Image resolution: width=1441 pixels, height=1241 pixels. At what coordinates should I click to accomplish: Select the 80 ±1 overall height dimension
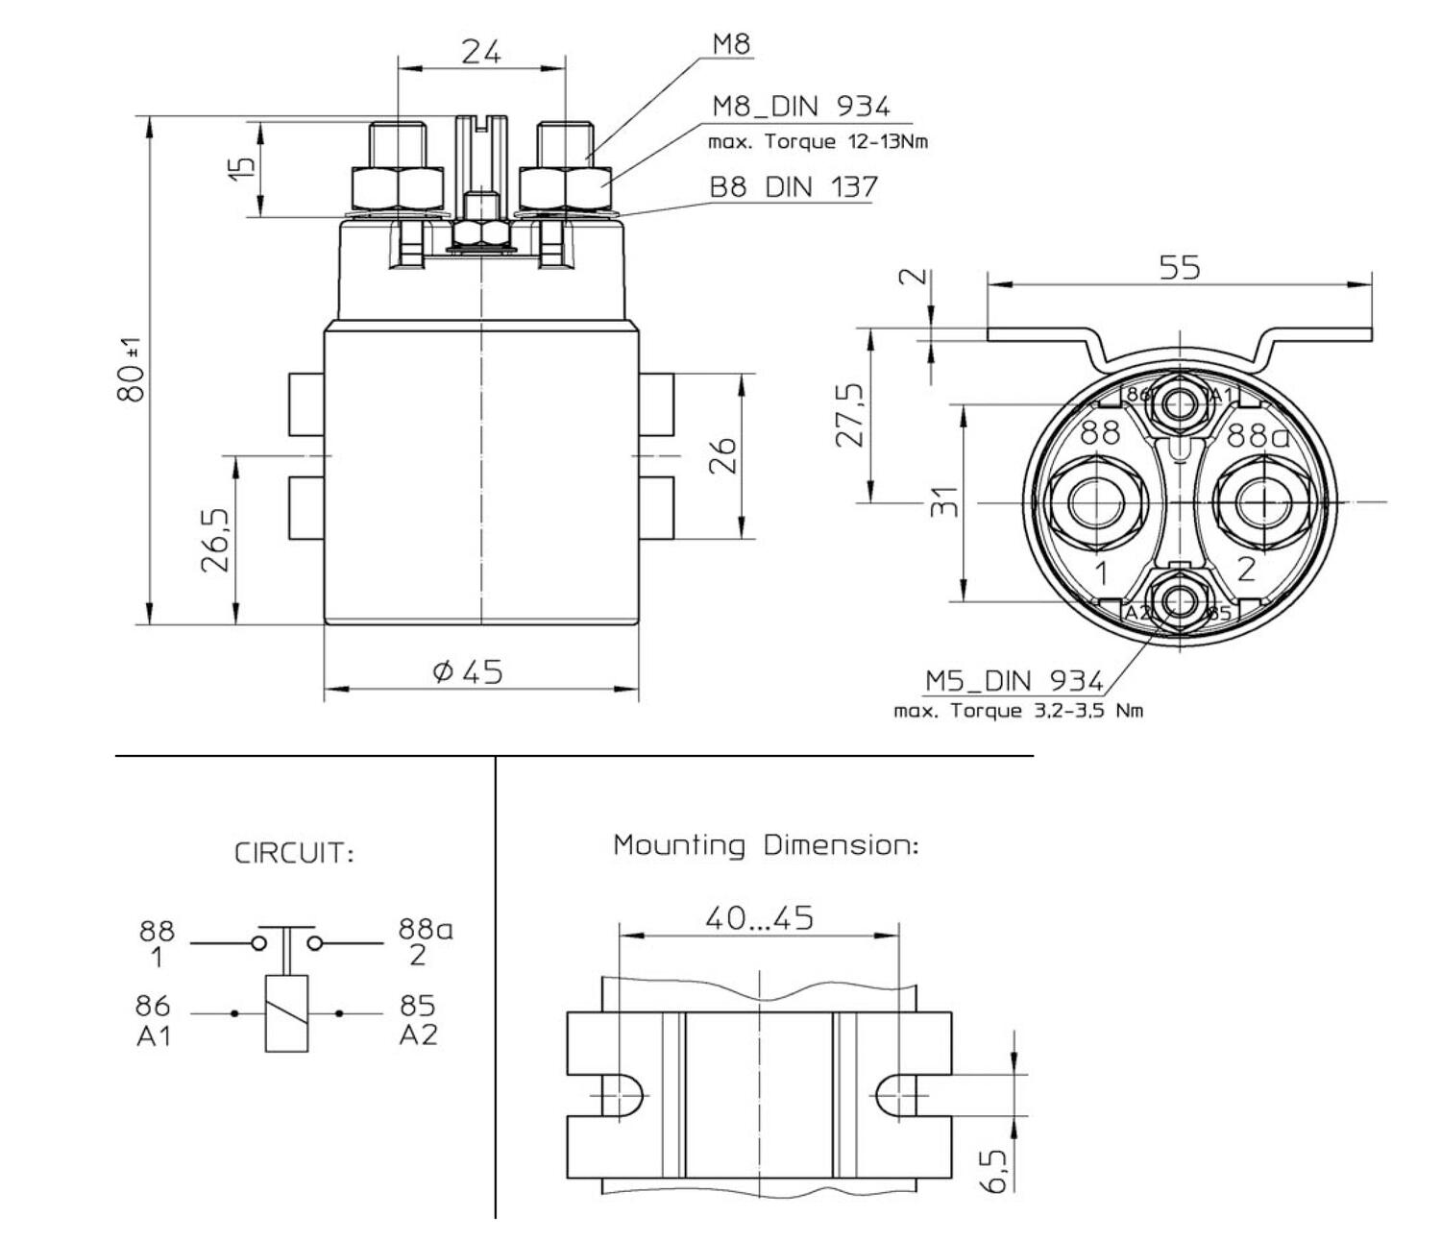tap(133, 370)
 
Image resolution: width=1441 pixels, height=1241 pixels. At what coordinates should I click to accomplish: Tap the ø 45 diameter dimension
tap(468, 671)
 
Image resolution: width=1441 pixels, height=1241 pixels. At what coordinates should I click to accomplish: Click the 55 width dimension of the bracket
tap(1179, 267)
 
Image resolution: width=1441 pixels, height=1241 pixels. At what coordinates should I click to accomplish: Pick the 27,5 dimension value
tap(850, 415)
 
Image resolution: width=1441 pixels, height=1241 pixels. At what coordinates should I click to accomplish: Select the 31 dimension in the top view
tap(946, 501)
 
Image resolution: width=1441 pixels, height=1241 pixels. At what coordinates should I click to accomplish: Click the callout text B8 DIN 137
tap(793, 186)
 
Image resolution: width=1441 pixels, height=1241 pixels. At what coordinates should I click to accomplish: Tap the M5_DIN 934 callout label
tap(1014, 681)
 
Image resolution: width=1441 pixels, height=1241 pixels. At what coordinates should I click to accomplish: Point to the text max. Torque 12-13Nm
tap(818, 142)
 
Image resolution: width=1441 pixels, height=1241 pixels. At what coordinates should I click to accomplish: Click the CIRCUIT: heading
tap(294, 854)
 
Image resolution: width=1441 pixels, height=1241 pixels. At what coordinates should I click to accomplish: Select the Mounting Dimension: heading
tap(766, 846)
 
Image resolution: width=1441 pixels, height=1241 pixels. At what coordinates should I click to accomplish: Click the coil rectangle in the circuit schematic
tap(286, 1013)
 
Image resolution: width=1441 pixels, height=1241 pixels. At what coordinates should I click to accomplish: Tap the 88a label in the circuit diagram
tap(426, 930)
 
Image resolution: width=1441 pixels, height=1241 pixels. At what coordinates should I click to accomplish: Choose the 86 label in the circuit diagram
tap(153, 1006)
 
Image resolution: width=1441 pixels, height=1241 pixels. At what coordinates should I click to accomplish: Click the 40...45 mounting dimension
tap(759, 918)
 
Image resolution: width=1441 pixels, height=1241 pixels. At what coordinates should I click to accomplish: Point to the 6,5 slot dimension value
tap(996, 1171)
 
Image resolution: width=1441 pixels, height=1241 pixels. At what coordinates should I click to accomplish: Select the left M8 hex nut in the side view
tap(398, 188)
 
